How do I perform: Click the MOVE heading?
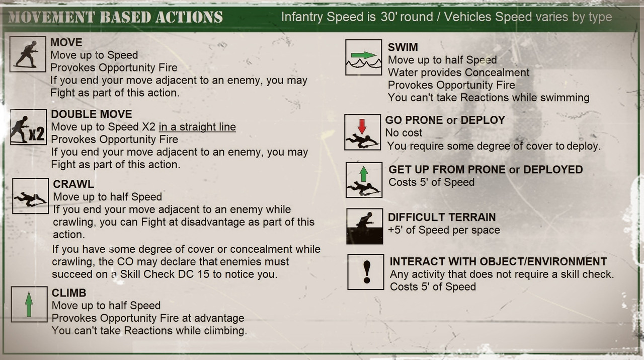pyautogui.click(x=66, y=43)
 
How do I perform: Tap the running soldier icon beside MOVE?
pyautogui.click(x=28, y=54)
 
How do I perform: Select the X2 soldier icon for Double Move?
pyautogui.click(x=29, y=127)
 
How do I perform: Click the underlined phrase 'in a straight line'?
pyautogui.click(x=197, y=127)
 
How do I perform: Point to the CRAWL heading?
pyautogui.click(x=73, y=184)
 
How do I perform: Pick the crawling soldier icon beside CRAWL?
pyautogui.click(x=31, y=196)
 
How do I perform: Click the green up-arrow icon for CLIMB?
pyautogui.click(x=29, y=304)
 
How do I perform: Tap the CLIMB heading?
pyautogui.click(x=69, y=293)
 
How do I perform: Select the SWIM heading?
pyautogui.click(x=403, y=47)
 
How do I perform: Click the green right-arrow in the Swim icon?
pyautogui.click(x=364, y=55)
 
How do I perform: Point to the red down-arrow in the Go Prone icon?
pyautogui.click(x=362, y=126)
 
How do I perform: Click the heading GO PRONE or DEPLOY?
pyautogui.click(x=445, y=120)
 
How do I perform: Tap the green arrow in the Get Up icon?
pyautogui.click(x=364, y=174)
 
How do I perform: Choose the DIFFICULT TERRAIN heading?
pyautogui.click(x=442, y=218)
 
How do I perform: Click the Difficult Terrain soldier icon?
pyautogui.click(x=365, y=227)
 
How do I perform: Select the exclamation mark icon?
pyautogui.click(x=366, y=272)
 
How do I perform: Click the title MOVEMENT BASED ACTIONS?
pyautogui.click(x=116, y=17)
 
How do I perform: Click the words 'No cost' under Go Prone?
pyautogui.click(x=404, y=133)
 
